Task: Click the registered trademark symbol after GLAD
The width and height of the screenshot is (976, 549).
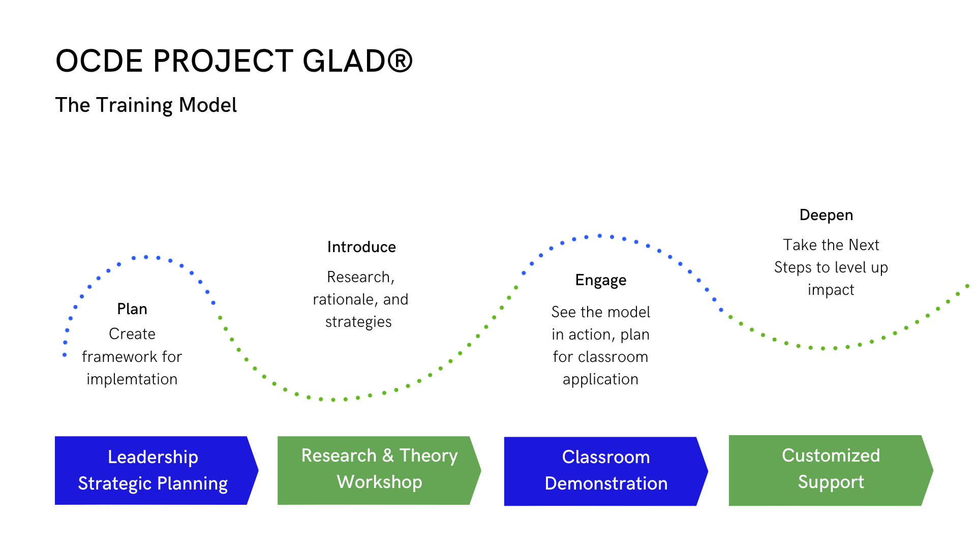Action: click(x=400, y=61)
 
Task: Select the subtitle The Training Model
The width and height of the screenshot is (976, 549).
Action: click(x=146, y=105)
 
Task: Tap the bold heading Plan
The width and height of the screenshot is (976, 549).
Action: click(x=132, y=309)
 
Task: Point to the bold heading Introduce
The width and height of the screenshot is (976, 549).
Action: click(x=361, y=247)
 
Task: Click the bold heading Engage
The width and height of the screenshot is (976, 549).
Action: click(x=601, y=281)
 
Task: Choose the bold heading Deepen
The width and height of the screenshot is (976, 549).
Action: click(x=826, y=216)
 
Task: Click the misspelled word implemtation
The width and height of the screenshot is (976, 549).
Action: click(x=132, y=379)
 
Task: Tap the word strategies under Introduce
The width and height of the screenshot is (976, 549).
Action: click(x=358, y=322)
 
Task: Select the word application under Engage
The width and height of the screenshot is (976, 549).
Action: click(x=600, y=379)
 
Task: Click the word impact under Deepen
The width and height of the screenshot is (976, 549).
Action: click(x=831, y=290)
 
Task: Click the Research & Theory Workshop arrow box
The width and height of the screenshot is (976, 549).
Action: click(x=379, y=470)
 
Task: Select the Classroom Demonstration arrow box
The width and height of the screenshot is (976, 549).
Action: click(x=606, y=471)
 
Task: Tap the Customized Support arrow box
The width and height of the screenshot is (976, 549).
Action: click(x=831, y=470)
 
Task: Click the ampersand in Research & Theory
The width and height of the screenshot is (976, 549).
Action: click(x=388, y=455)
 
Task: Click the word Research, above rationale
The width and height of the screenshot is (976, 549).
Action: click(x=361, y=277)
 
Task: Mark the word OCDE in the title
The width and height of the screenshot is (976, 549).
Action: click(x=100, y=61)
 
